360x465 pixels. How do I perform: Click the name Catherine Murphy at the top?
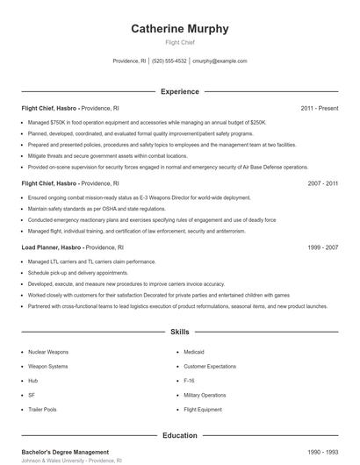[x=180, y=29]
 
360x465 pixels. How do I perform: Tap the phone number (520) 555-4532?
[x=169, y=61]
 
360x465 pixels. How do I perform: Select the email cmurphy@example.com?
[x=220, y=61]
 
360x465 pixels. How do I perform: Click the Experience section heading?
[x=180, y=91]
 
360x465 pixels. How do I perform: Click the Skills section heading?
[x=180, y=333]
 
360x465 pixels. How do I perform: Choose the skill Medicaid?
[x=194, y=351]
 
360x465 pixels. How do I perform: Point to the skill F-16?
[x=190, y=380]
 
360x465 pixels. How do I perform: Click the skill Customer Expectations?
[x=212, y=366]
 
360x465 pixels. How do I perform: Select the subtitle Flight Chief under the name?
[x=180, y=42]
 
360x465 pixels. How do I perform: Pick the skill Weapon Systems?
[x=47, y=366]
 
